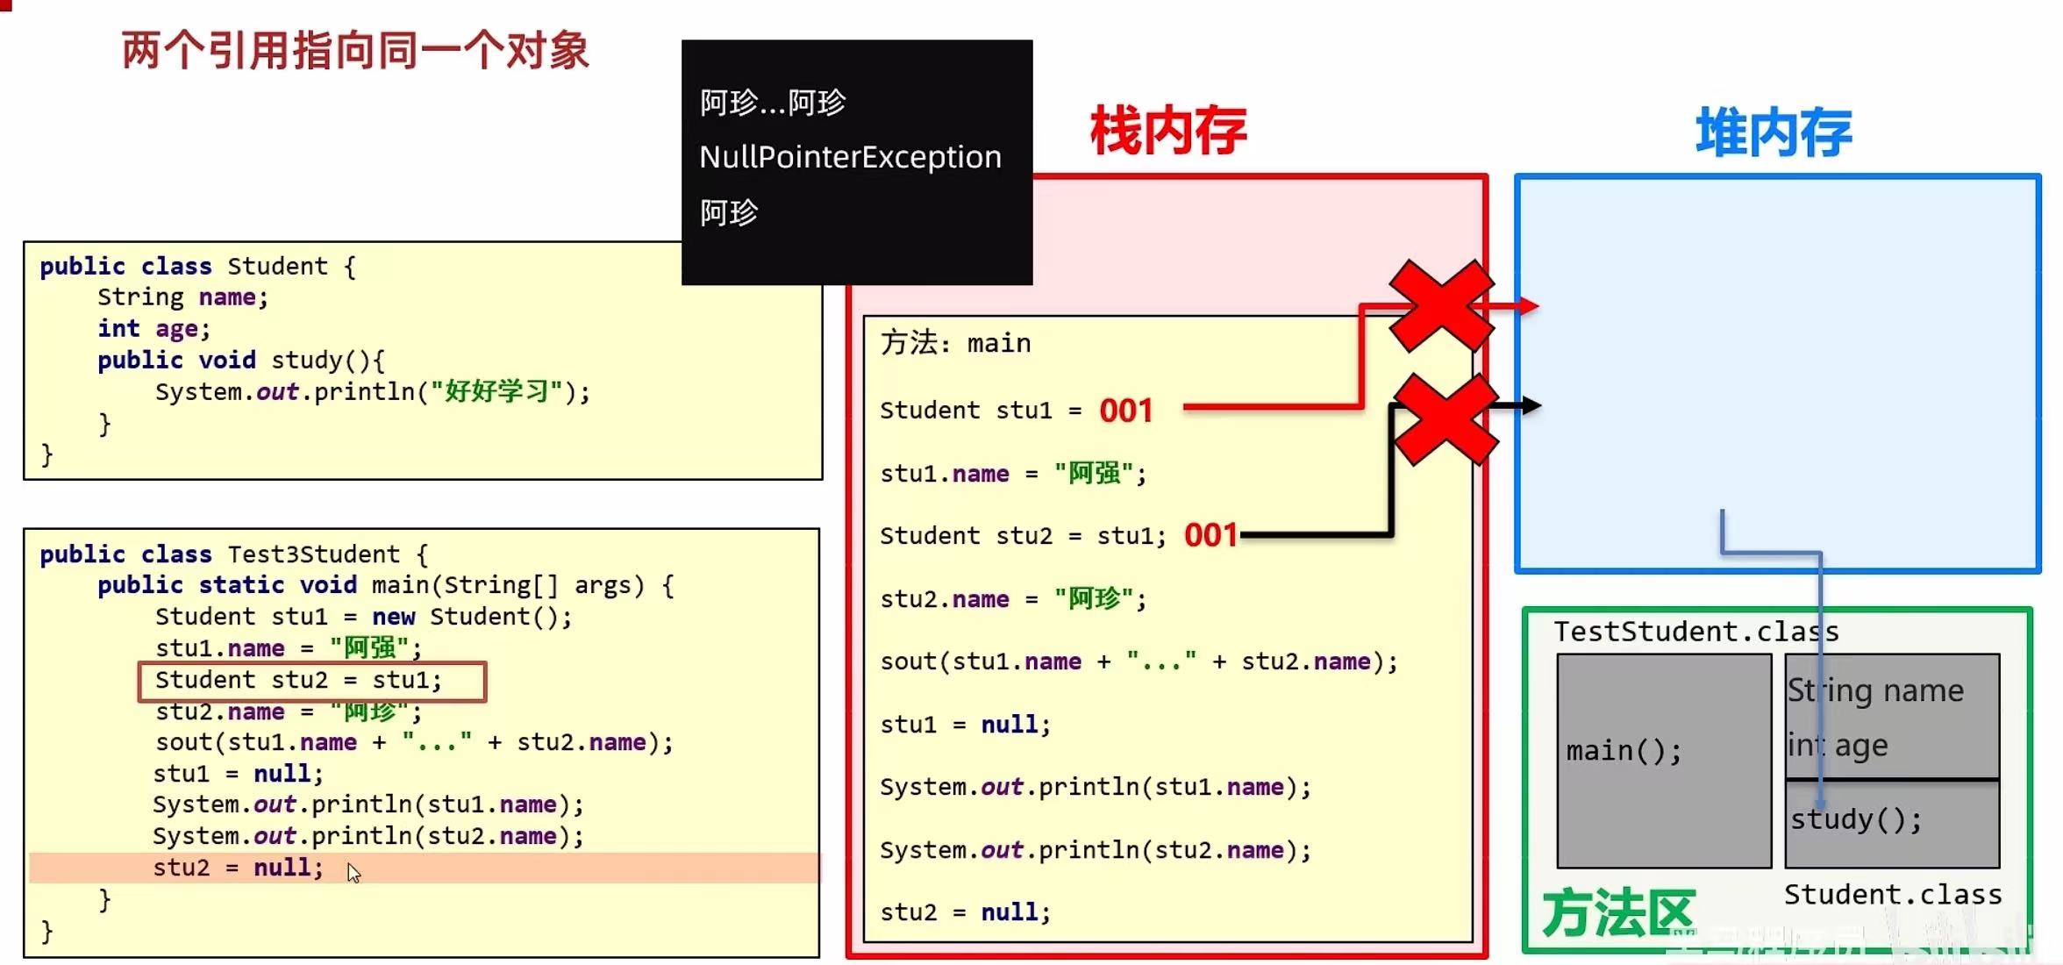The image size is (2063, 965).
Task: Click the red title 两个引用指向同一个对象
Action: (x=355, y=51)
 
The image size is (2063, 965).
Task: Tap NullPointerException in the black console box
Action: (x=849, y=157)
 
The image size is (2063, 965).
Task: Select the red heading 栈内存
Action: (x=1168, y=132)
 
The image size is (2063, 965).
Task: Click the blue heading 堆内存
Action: (x=1773, y=133)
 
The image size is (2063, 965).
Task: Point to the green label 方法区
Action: (x=1618, y=913)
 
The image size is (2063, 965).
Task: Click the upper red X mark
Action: (x=1441, y=305)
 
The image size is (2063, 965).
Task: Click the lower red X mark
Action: (x=1445, y=418)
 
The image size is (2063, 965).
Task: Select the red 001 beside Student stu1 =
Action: (x=1125, y=411)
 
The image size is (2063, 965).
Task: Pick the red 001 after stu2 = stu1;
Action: (x=1210, y=535)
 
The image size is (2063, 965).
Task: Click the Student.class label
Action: (x=1893, y=895)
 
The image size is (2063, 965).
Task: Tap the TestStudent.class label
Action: (x=1695, y=632)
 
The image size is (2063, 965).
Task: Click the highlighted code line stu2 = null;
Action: (x=238, y=868)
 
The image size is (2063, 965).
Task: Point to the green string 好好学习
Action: (x=496, y=391)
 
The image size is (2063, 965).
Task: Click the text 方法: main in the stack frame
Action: (x=955, y=343)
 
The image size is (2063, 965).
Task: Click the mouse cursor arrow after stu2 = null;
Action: (x=353, y=873)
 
